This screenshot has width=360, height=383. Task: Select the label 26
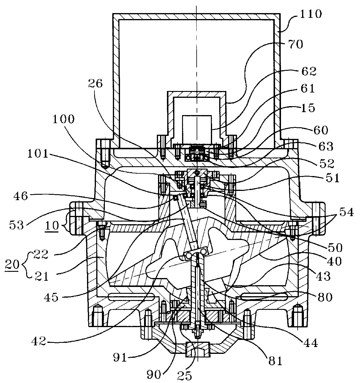tap(95, 84)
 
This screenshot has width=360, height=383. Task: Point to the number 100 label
tap(63, 119)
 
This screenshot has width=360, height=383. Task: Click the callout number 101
tap(38, 154)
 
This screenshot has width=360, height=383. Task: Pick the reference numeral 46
tap(20, 196)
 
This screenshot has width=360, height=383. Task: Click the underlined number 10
tap(52, 225)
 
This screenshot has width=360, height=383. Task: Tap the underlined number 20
tap(12, 264)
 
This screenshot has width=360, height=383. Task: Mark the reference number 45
tap(51, 297)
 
